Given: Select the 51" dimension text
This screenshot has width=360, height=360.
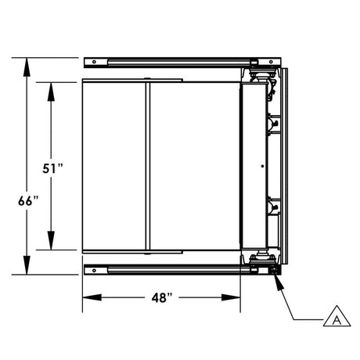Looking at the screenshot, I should coord(52,168).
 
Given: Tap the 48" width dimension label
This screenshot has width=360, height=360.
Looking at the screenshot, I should coord(162,298).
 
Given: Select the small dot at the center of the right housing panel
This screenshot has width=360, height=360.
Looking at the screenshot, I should coord(261,165).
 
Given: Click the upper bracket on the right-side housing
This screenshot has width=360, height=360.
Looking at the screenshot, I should coord(274,124).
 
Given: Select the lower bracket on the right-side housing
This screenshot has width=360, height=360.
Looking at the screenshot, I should coord(274,207).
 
